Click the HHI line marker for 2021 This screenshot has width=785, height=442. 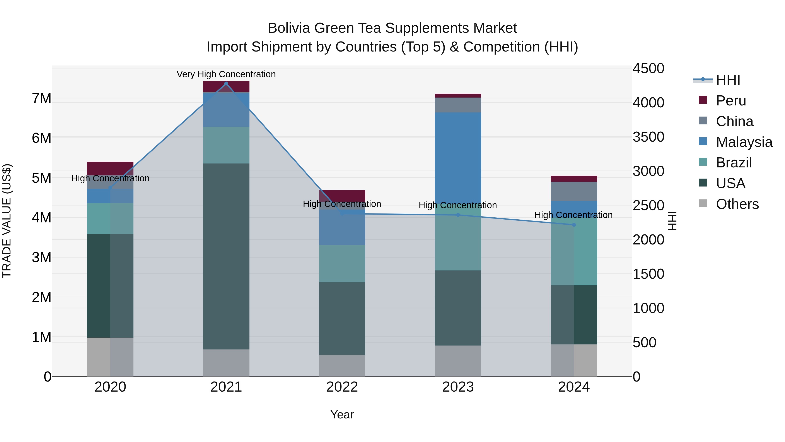(x=226, y=84)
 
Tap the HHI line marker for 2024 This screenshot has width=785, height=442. (x=574, y=225)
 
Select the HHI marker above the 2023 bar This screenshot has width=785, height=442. (x=458, y=215)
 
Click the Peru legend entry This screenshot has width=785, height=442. (x=731, y=101)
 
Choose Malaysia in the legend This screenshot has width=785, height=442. (x=744, y=142)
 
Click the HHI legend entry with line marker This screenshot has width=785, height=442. (x=728, y=80)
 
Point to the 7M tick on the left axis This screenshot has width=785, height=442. (x=41, y=98)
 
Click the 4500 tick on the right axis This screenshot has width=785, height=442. (x=648, y=68)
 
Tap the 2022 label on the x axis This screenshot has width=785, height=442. (x=342, y=387)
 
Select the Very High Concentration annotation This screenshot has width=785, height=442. (x=226, y=74)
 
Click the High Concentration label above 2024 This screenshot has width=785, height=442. (x=573, y=215)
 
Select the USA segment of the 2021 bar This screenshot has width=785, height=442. (x=226, y=256)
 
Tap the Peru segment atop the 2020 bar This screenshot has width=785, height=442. (x=110, y=168)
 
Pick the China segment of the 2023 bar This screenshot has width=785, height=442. (x=458, y=105)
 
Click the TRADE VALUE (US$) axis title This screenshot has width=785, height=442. (x=7, y=221)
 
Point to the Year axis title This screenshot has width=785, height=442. (x=342, y=414)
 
